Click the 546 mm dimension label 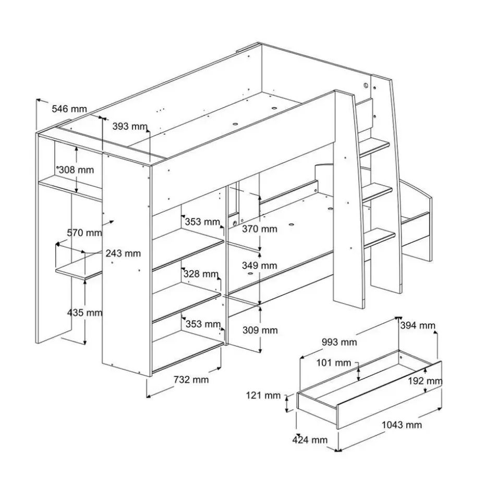pyautogui.click(x=69, y=109)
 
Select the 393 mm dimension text pyautogui.click(x=129, y=126)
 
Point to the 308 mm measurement pyautogui.click(x=76, y=169)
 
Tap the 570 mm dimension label pyautogui.click(x=83, y=233)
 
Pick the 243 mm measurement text pyautogui.click(x=123, y=253)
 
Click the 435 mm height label pyautogui.click(x=85, y=313)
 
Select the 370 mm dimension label pyautogui.click(x=260, y=228)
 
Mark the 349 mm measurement pyautogui.click(x=260, y=265)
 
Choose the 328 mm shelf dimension pyautogui.click(x=200, y=274)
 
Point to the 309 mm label pyautogui.click(x=260, y=330)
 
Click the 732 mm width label pyautogui.click(x=191, y=380)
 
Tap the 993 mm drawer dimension pyautogui.click(x=339, y=342)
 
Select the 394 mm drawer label pyautogui.click(x=417, y=326)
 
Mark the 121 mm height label pyautogui.click(x=263, y=396)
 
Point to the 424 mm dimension pyautogui.click(x=310, y=440)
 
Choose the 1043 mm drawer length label pyautogui.click(x=401, y=425)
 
